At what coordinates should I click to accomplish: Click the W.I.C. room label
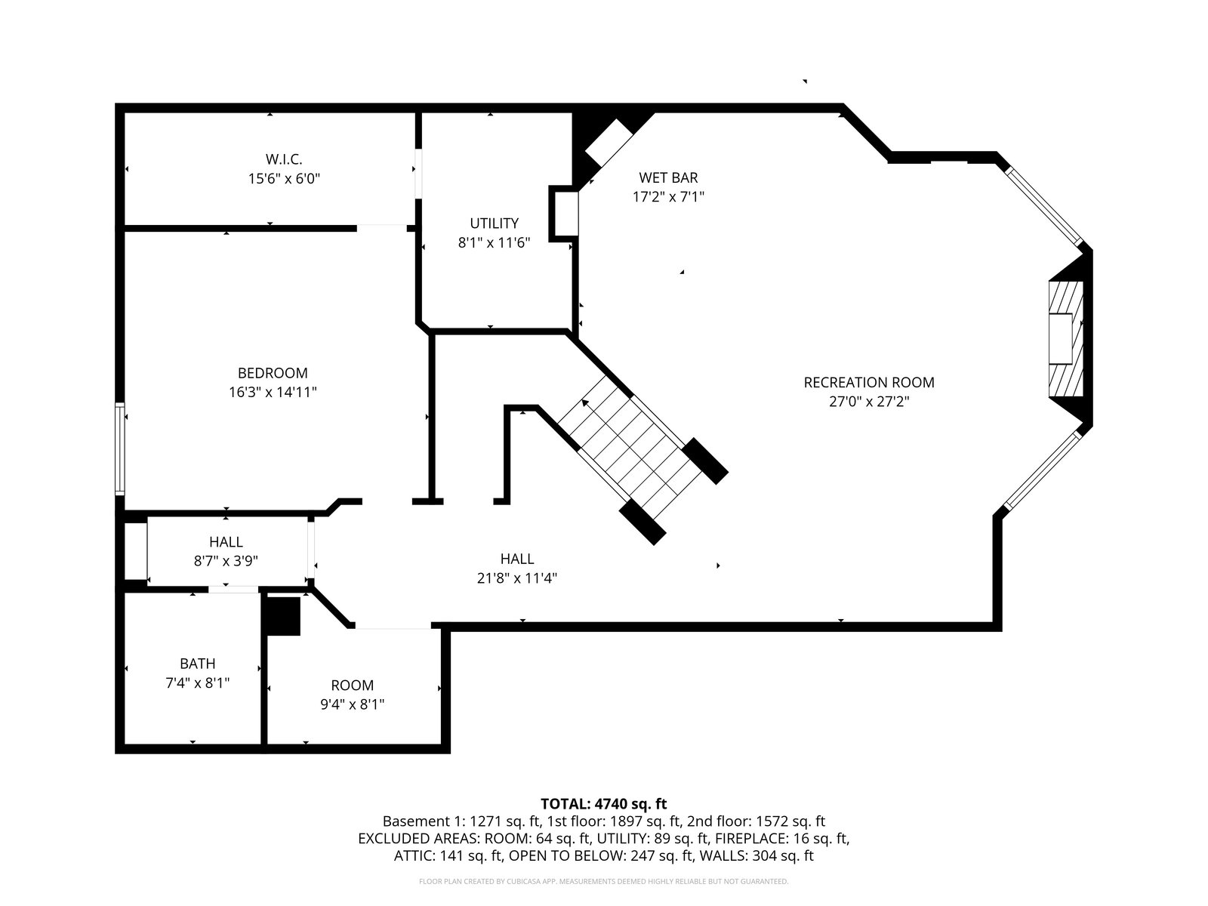tap(284, 159)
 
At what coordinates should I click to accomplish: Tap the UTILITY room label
tap(495, 223)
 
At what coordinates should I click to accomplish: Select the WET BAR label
tap(668, 177)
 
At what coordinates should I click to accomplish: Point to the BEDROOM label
tap(273, 373)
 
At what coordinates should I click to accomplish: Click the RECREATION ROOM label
tap(869, 382)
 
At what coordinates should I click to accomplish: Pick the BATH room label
tap(198, 664)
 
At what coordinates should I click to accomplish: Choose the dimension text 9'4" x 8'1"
tap(353, 704)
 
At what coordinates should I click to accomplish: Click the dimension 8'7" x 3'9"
tap(226, 561)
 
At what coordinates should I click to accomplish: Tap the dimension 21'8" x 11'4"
tap(516, 578)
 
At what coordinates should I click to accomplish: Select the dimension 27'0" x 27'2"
tap(869, 402)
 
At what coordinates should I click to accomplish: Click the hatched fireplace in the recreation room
tap(1066, 339)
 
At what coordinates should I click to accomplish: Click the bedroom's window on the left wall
tap(119, 449)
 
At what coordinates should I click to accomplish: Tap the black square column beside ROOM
tap(283, 616)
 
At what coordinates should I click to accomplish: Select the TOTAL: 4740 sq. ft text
tap(604, 804)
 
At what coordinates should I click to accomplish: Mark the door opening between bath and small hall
tap(233, 589)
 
